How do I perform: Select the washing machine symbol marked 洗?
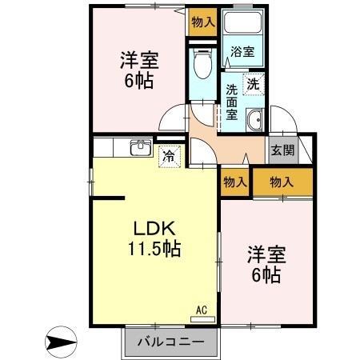253,82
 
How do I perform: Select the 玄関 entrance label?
282,150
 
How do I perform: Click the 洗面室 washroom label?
230,102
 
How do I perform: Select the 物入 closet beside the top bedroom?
203,22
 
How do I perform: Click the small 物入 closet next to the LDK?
234,182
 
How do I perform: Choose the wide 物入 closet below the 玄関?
282,182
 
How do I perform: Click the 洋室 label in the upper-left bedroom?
138,60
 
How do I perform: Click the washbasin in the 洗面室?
254,122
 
